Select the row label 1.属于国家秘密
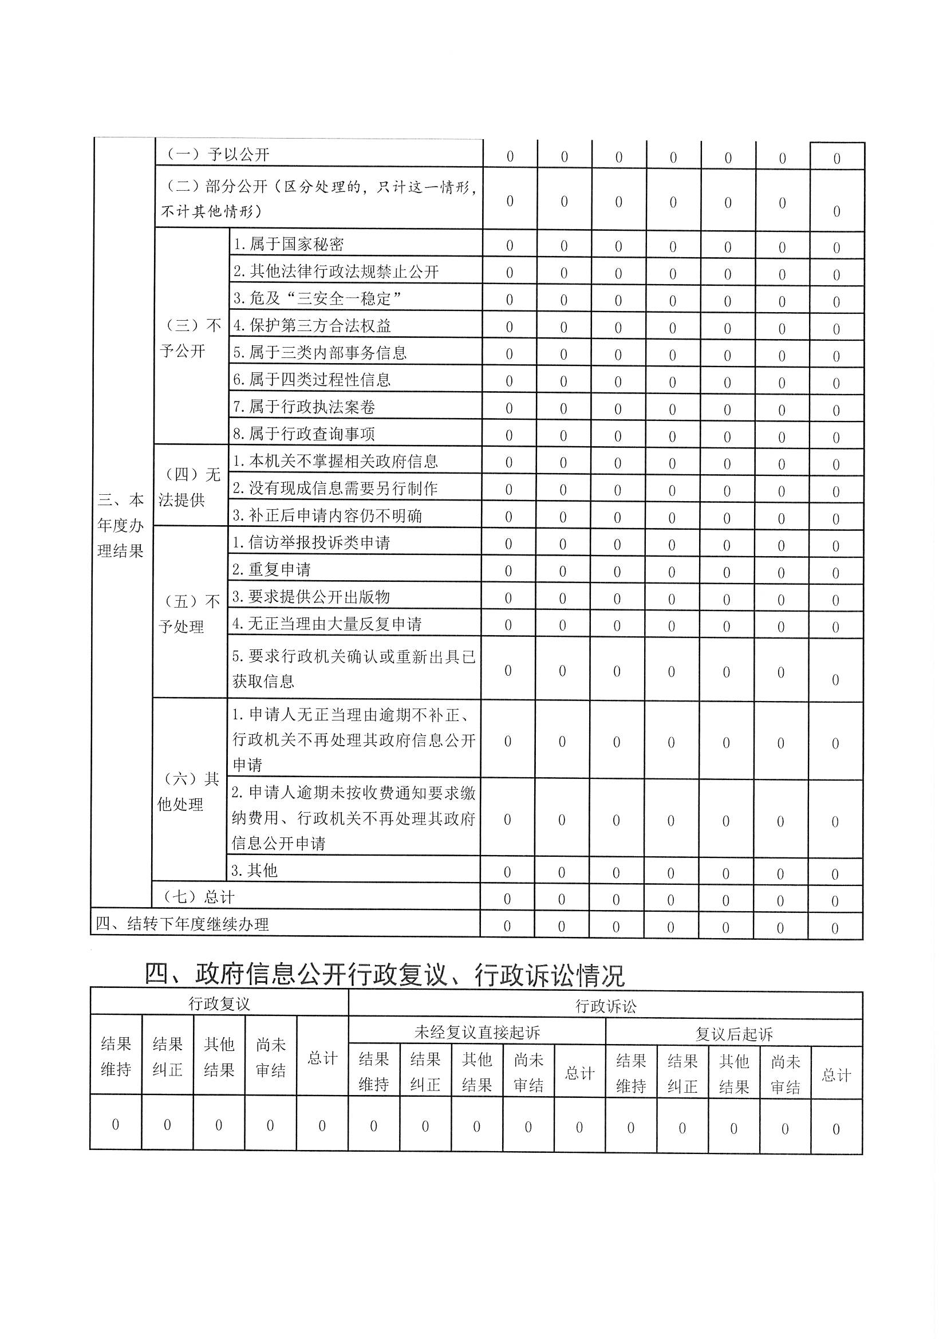click(289, 245)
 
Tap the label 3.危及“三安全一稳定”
click(317, 298)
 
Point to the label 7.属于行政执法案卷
click(304, 407)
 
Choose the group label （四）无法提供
click(190, 487)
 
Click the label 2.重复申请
click(272, 569)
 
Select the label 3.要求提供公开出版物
click(311, 597)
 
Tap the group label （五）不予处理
click(190, 614)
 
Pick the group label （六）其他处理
click(188, 791)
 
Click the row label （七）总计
click(199, 897)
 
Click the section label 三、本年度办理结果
click(121, 525)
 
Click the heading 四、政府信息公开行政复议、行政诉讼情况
click(385, 975)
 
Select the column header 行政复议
click(219, 1003)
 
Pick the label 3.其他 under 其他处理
click(254, 871)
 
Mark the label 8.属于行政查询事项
click(304, 434)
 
